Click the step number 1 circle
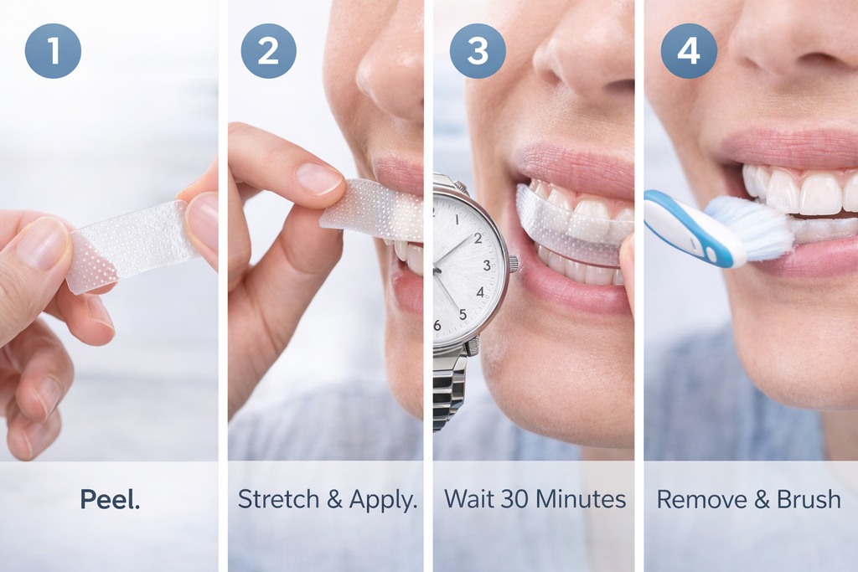tap(54, 50)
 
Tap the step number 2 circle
tap(268, 50)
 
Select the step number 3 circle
tap(478, 50)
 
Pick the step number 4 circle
tap(689, 50)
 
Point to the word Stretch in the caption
tap(279, 500)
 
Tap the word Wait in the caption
tap(470, 500)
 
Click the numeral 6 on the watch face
tap(437, 325)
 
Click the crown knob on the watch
tap(512, 264)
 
